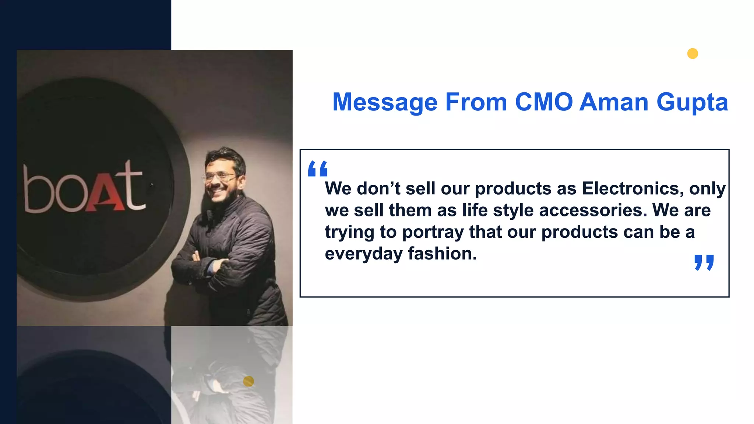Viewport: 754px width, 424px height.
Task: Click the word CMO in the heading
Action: (544, 102)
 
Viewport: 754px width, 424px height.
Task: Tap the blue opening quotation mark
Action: (318, 169)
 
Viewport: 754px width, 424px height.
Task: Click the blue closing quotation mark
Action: (704, 262)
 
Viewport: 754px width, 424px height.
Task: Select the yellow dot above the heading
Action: (693, 54)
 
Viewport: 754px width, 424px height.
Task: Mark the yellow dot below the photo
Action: (249, 381)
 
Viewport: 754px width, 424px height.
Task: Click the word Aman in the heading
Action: (614, 102)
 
